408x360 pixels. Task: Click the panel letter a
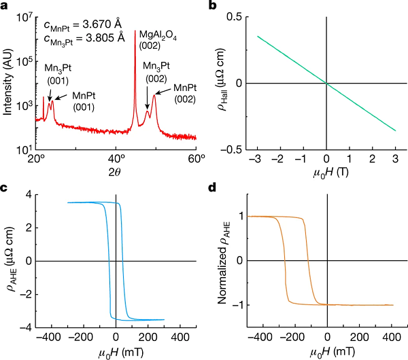5,5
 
